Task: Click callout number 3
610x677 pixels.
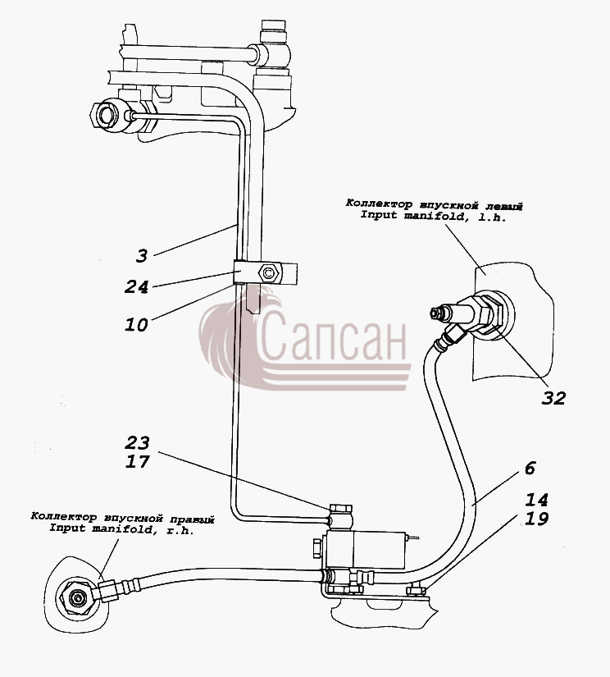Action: tap(142, 255)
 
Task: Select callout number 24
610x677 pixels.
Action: tap(136, 287)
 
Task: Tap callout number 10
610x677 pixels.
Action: tap(136, 325)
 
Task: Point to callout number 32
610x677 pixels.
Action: tap(553, 398)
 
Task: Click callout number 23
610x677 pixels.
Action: tap(138, 442)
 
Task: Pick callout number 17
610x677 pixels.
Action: tap(138, 461)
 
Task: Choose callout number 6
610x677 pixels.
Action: tap(530, 468)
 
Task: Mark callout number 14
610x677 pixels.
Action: tap(536, 500)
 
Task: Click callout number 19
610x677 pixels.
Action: tap(536, 519)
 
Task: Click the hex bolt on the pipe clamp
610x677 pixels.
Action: tap(269, 273)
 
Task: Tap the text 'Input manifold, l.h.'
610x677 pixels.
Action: tap(433, 215)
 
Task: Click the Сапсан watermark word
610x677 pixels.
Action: tap(332, 336)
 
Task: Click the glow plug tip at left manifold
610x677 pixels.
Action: tap(435, 313)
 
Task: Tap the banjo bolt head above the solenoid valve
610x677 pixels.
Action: tap(341, 508)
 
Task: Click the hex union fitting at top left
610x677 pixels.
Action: tap(106, 114)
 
